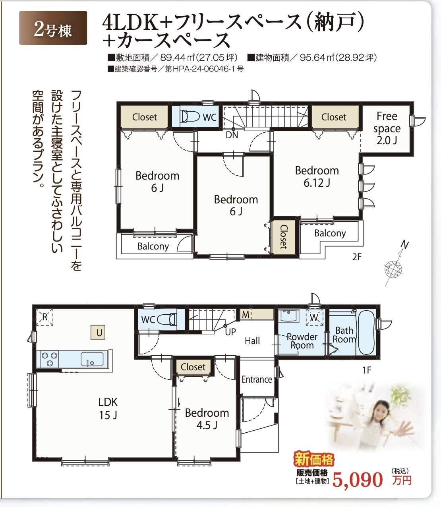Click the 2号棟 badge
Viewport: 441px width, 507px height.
pos(53,28)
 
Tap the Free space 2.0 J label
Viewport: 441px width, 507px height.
pos(387,128)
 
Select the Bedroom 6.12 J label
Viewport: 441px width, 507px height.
pos(317,177)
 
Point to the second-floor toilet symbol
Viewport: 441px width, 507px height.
pos(190,116)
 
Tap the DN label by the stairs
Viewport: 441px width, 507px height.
pos(232,135)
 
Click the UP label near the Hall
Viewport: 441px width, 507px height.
pos(230,332)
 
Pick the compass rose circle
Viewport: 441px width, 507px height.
pos(393,269)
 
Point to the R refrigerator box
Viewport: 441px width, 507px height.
pos(44,317)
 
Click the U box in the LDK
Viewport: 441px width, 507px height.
pos(99,332)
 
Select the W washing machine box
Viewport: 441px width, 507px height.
pos(315,317)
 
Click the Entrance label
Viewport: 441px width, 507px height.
pos(257,379)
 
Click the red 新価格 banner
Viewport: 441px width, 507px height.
pos(314,459)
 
